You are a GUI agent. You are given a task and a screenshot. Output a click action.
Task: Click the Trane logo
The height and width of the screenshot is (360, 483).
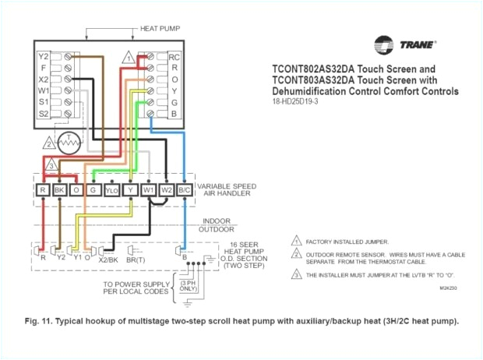click(404, 44)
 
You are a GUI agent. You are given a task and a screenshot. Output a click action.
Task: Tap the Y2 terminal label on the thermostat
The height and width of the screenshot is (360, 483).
click(44, 57)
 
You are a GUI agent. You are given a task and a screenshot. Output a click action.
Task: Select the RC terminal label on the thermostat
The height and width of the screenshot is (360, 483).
click(175, 57)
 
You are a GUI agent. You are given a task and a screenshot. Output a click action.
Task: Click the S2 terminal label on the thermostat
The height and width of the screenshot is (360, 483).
click(44, 114)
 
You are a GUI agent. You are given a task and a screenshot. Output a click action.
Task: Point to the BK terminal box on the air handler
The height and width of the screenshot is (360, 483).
click(59, 189)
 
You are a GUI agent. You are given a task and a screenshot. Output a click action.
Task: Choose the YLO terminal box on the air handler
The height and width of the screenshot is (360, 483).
click(112, 189)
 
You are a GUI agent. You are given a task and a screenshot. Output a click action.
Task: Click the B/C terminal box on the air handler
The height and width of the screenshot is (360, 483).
click(185, 189)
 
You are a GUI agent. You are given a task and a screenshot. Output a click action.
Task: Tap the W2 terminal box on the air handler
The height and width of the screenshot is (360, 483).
click(166, 189)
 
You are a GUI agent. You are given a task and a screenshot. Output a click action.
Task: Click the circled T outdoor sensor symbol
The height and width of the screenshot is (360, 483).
click(71, 142)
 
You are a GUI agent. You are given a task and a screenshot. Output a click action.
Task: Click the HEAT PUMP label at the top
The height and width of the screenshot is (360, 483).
click(160, 29)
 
